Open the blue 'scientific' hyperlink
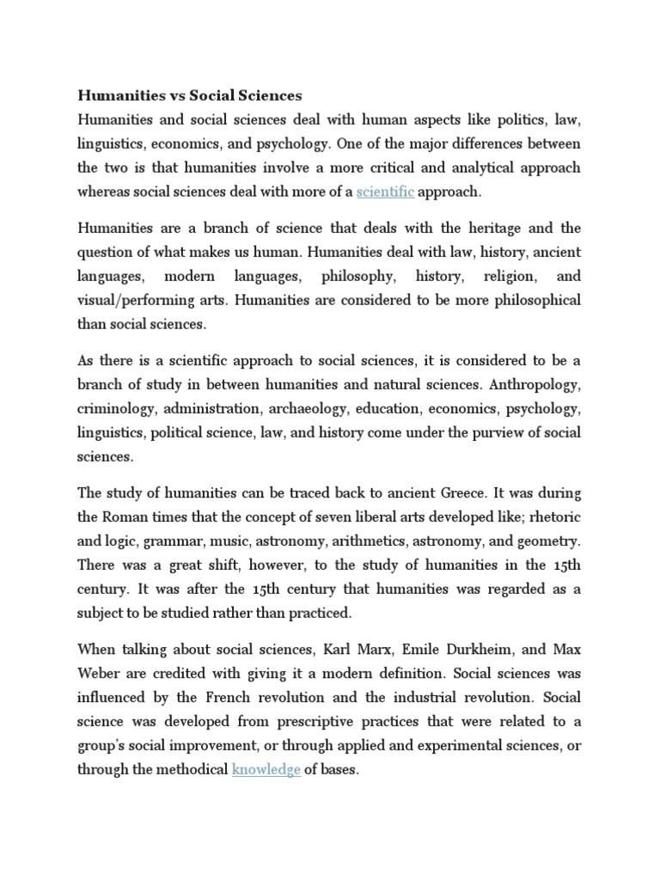[x=385, y=191]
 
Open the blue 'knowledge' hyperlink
[x=266, y=770]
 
